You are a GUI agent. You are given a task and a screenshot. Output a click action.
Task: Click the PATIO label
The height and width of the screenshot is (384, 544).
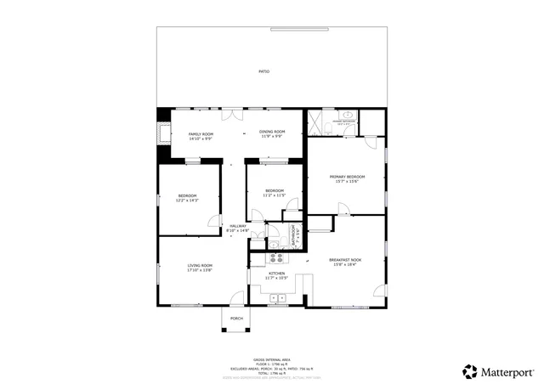pos(264,71)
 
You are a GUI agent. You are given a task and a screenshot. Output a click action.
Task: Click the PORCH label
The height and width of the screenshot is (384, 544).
pos(236,318)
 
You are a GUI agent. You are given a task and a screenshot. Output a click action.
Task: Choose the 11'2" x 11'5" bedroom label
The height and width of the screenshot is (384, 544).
pos(274,192)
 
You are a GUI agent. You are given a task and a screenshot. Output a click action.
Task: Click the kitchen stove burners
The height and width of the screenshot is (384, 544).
pos(275,257)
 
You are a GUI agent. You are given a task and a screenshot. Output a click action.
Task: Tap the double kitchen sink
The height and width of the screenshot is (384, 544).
pos(277,296)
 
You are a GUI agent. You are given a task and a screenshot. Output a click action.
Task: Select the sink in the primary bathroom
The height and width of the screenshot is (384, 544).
pos(348,114)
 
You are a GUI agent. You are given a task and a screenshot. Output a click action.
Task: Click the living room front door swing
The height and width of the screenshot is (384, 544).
pos(237,297)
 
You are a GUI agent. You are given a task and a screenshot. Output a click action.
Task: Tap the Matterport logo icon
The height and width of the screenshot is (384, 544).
pos(469,371)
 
